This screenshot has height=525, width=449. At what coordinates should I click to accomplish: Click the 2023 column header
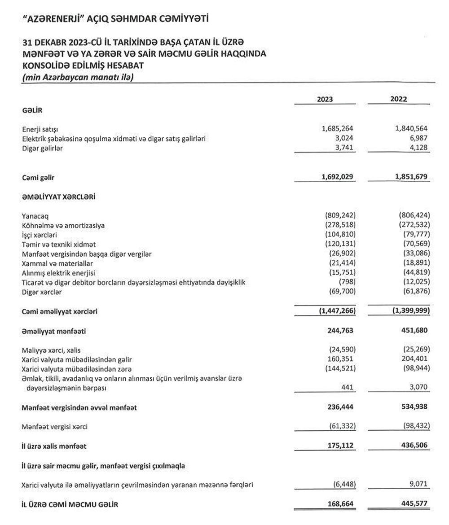click(x=325, y=99)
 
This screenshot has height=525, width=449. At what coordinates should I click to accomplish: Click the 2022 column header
click(x=399, y=99)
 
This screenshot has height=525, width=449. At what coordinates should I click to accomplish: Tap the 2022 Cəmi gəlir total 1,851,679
click(x=411, y=178)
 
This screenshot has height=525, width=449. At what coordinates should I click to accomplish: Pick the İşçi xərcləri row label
click(x=39, y=235)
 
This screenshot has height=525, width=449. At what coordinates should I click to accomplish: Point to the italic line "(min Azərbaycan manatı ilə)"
click(x=79, y=77)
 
